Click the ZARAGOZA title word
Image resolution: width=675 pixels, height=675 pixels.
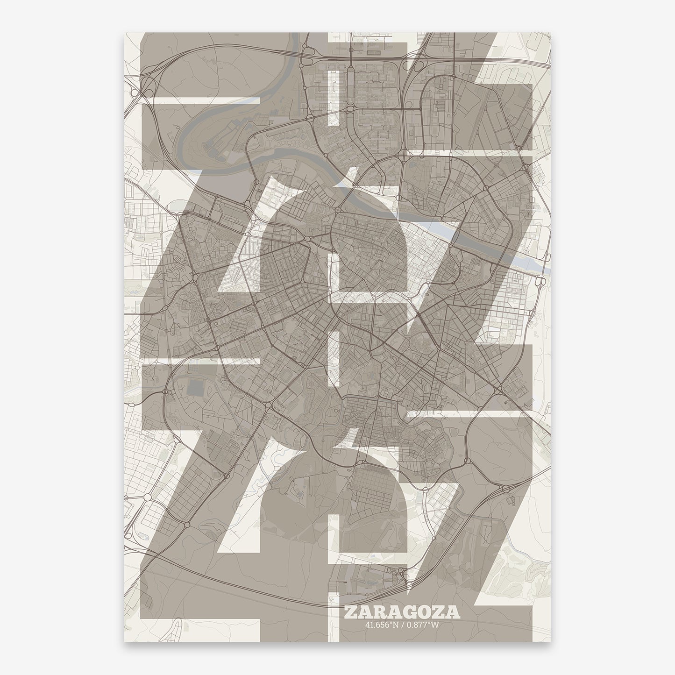tap(401, 612)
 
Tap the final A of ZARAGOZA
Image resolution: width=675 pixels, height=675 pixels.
tap(452, 612)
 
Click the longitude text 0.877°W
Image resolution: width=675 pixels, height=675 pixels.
tap(421, 625)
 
